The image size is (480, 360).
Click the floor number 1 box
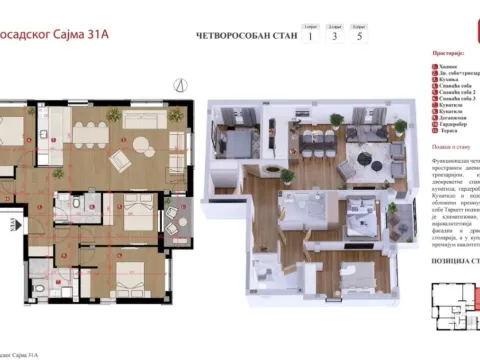pyautogui.click(x=311, y=37)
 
